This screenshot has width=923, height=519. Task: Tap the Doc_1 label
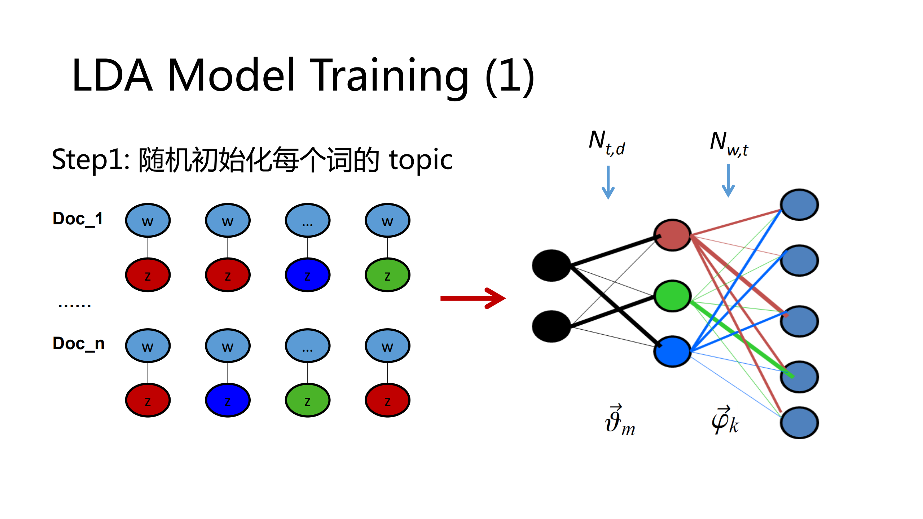click(x=78, y=219)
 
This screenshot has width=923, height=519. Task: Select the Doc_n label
click(x=79, y=343)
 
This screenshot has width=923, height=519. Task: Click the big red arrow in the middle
click(x=473, y=298)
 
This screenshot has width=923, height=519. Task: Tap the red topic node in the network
click(x=672, y=235)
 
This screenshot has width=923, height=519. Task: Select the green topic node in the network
click(x=672, y=296)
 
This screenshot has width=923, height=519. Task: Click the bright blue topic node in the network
click(x=672, y=352)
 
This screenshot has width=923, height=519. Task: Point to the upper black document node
click(x=551, y=265)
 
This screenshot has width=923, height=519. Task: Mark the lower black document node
click(x=551, y=326)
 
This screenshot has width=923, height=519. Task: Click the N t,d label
click(x=607, y=143)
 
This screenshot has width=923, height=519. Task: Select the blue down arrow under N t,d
click(x=608, y=182)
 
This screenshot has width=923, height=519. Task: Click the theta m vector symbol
click(x=619, y=421)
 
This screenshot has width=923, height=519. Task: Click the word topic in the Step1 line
click(x=421, y=160)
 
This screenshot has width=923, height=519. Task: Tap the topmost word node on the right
click(x=799, y=204)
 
